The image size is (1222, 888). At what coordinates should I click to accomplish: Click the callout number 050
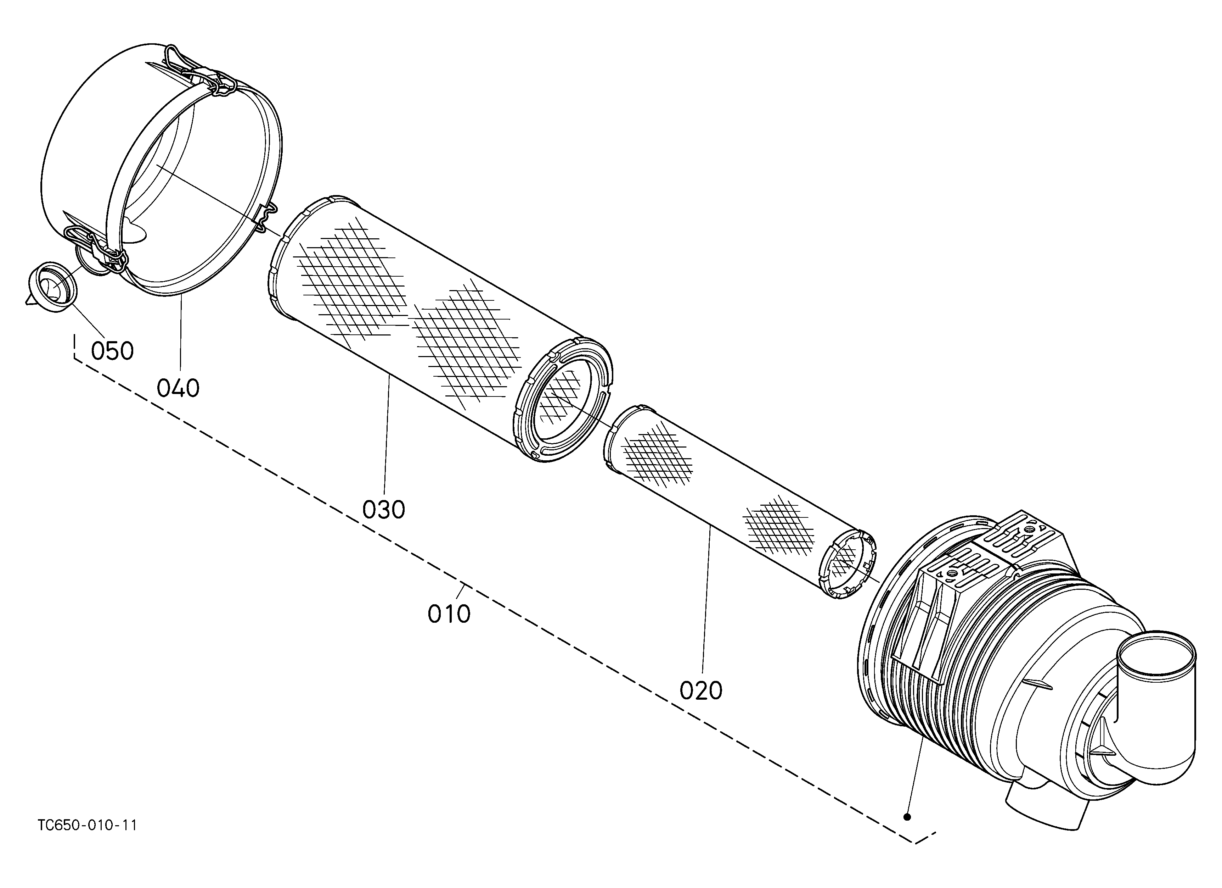tap(112, 351)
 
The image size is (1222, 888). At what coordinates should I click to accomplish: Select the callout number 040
tap(178, 388)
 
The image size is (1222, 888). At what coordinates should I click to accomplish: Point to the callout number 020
tap(700, 691)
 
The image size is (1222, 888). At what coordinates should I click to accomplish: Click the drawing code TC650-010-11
tap(87, 826)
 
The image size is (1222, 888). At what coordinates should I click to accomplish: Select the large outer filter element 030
tap(439, 329)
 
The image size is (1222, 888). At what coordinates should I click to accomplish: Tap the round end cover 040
tap(162, 167)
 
